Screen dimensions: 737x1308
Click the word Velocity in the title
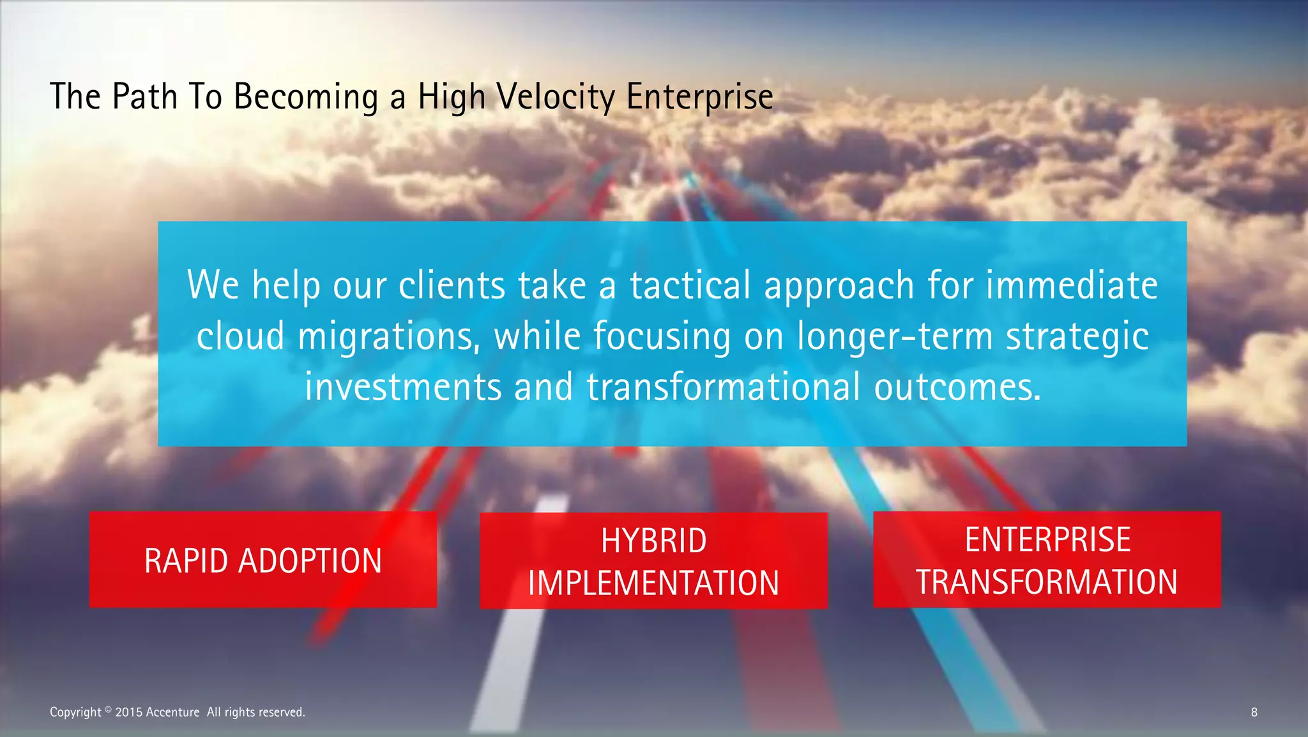555,97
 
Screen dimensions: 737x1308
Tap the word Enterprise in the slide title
699,97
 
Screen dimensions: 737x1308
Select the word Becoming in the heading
305,97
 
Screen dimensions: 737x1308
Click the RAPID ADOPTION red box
262,560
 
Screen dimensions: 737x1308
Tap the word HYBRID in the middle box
653,541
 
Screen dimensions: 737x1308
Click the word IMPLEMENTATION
653,583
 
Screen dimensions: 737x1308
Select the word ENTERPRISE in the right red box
1047,539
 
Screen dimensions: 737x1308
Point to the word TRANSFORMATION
1047,582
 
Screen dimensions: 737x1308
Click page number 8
1254,712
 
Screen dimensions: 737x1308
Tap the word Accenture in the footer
172,712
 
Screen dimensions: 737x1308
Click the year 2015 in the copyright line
129,712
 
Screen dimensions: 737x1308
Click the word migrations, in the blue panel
389,336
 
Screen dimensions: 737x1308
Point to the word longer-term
895,336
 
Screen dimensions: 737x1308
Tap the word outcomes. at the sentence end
957,387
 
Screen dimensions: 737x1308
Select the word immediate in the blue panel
1072,285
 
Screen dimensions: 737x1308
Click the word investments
403,387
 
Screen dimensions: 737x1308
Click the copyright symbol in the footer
108,709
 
